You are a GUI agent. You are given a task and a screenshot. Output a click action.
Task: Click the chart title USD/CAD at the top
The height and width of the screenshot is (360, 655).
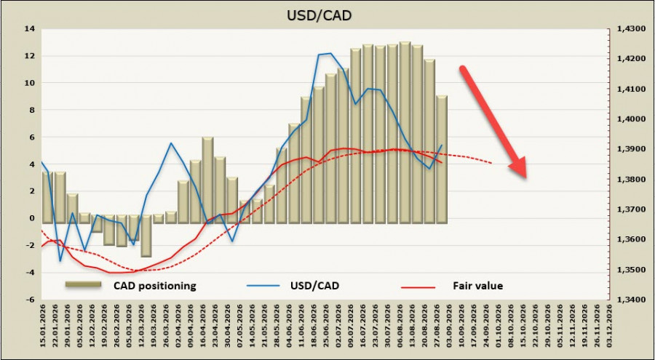pyautogui.click(x=319, y=15)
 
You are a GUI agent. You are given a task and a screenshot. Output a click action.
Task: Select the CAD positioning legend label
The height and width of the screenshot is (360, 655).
pyautogui.click(x=154, y=286)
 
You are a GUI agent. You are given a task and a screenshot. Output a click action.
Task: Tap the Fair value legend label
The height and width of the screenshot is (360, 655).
pyautogui.click(x=478, y=286)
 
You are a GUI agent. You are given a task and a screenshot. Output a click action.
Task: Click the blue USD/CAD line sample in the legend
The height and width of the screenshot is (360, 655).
pyautogui.click(x=263, y=286)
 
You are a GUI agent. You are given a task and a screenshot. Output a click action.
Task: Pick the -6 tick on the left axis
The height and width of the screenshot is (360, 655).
pyautogui.click(x=30, y=300)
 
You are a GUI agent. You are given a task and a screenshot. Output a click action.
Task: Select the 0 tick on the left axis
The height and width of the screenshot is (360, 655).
pyautogui.click(x=32, y=218)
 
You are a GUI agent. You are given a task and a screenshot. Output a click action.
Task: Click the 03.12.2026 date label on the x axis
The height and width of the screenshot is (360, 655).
pyautogui.click(x=610, y=329)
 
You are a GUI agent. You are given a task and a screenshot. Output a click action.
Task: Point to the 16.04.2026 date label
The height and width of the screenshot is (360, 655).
pyautogui.click(x=204, y=329)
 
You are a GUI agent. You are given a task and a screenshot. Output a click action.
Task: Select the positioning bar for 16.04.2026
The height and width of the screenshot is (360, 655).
pyautogui.click(x=207, y=180)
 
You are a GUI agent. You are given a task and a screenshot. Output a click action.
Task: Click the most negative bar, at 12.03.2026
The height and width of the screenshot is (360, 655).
pyautogui.click(x=146, y=236)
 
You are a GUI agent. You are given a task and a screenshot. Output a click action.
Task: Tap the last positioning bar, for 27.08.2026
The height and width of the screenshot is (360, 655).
pyautogui.click(x=442, y=159)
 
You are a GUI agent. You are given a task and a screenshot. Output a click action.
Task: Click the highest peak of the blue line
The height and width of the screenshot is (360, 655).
pyautogui.click(x=330, y=53)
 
